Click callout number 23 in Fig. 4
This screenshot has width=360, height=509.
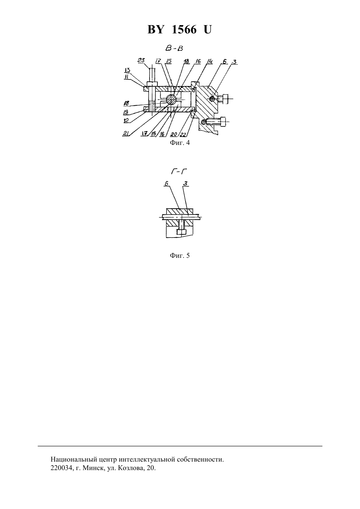click(141, 60)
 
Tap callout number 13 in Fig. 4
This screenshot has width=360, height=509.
click(127, 70)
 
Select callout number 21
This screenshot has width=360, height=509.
click(125, 133)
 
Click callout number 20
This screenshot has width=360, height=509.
click(174, 134)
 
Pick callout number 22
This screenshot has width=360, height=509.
click(183, 134)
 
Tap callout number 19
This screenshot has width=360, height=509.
click(126, 112)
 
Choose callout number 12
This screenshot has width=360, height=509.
click(126, 120)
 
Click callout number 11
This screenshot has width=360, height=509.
click(126, 77)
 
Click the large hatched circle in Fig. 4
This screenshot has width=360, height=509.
click(171, 99)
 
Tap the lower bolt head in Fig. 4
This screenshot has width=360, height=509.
click(223, 122)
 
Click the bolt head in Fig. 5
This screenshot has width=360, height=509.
click(181, 232)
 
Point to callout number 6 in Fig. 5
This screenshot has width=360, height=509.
click(167, 184)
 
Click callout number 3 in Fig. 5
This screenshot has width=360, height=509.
click(186, 183)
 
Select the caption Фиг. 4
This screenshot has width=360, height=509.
click(180, 143)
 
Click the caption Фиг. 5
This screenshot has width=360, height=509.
click(180, 255)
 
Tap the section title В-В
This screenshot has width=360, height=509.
click(174, 48)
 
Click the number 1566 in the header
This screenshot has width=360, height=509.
click(184, 29)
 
